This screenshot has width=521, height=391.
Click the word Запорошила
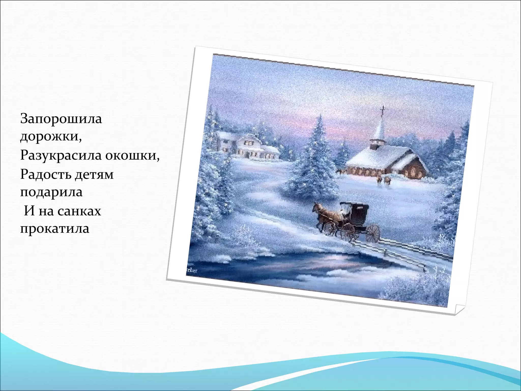(x=61, y=119)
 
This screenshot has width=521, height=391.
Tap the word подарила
(x=51, y=192)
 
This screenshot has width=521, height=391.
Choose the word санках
(x=79, y=211)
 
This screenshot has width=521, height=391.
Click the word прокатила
(x=55, y=229)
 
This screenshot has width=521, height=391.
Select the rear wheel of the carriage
(x=372, y=233)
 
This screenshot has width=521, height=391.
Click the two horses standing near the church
(x=383, y=180)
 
